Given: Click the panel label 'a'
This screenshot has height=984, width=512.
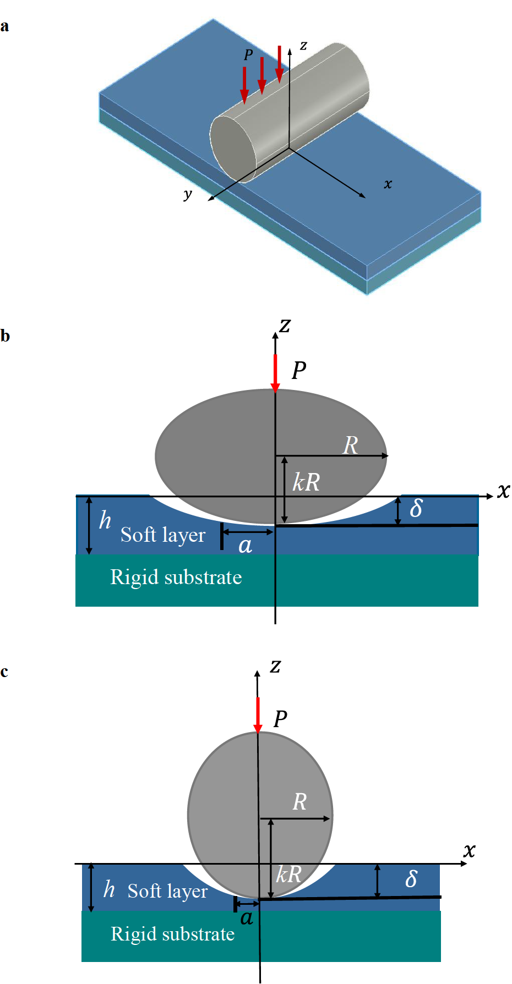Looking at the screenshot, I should pyautogui.click(x=4, y=27).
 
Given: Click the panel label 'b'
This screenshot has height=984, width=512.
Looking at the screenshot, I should pyautogui.click(x=5, y=336).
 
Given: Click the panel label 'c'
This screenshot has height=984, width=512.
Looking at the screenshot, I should pyautogui.click(x=4, y=672).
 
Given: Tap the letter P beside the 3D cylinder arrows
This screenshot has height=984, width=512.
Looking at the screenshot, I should pyautogui.click(x=248, y=55).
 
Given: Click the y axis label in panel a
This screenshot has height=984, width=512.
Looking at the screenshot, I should pyautogui.click(x=188, y=194).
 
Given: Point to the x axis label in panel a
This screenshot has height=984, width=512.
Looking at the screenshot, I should pyautogui.click(x=388, y=184).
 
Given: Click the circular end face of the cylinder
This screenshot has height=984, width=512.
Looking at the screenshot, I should pyautogui.click(x=233, y=149).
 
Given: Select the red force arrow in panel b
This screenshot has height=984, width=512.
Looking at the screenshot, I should pyautogui.click(x=275, y=373).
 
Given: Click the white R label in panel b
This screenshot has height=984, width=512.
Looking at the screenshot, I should pyautogui.click(x=351, y=445).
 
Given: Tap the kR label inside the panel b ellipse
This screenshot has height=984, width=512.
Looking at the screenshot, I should pyautogui.click(x=306, y=482).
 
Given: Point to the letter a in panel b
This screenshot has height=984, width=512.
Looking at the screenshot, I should pyautogui.click(x=246, y=546).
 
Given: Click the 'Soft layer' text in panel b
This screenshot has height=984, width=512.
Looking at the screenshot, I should pyautogui.click(x=163, y=535).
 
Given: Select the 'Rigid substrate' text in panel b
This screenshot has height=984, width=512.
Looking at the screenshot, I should pyautogui.click(x=176, y=577).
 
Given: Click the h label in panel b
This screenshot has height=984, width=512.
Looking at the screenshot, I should pyautogui.click(x=105, y=520).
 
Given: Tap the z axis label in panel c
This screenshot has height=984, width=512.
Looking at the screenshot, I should pyautogui.click(x=275, y=667).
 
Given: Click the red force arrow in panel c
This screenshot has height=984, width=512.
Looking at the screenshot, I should pyautogui.click(x=258, y=714).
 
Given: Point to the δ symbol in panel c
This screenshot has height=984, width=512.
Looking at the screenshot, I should pyautogui.click(x=411, y=878).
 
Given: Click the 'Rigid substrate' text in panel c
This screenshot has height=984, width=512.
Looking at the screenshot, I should pyautogui.click(x=172, y=934).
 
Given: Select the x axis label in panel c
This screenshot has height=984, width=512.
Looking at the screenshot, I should pyautogui.click(x=469, y=850).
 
